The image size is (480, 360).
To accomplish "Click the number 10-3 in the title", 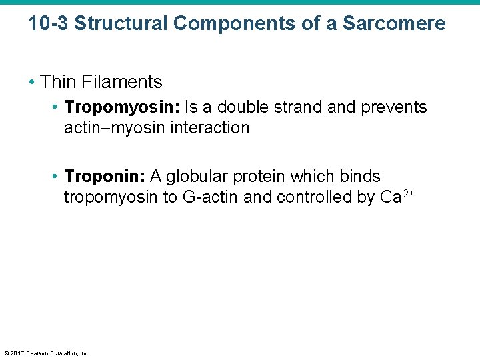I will click(x=48, y=24).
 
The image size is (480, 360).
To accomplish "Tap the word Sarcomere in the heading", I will click(x=394, y=24).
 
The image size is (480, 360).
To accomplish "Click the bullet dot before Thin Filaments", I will click(x=32, y=83).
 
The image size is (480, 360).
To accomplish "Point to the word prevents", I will click(x=394, y=107).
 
